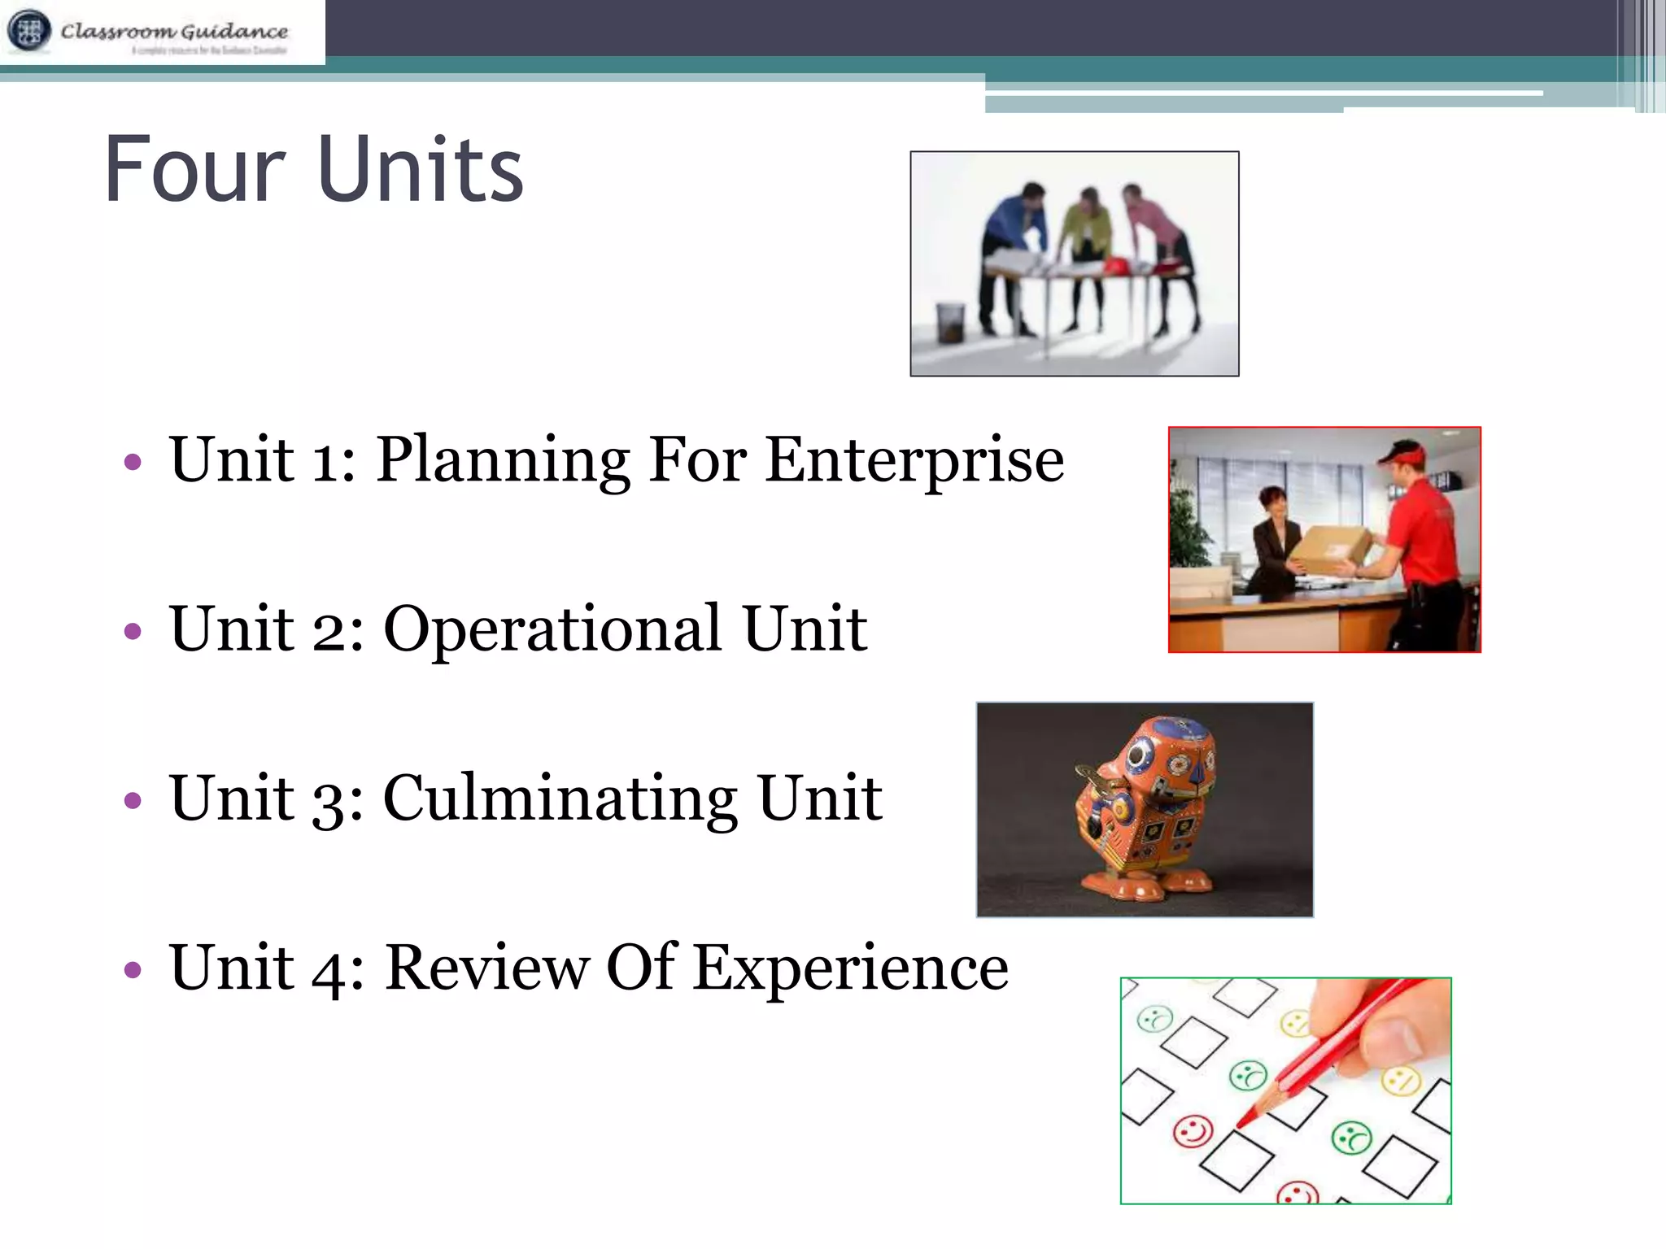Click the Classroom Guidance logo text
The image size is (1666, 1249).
pyautogui.click(x=174, y=32)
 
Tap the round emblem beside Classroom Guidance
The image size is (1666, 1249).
pyautogui.click(x=29, y=31)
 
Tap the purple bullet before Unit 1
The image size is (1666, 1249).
pyautogui.click(x=133, y=463)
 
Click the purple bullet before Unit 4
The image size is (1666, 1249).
pyautogui.click(x=133, y=970)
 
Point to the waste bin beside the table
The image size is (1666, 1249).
pyautogui.click(x=949, y=321)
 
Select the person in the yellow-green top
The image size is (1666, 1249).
pyautogui.click(x=1087, y=236)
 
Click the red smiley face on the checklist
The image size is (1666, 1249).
pyautogui.click(x=1193, y=1131)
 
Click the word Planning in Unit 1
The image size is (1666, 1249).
pyautogui.click(x=503, y=460)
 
